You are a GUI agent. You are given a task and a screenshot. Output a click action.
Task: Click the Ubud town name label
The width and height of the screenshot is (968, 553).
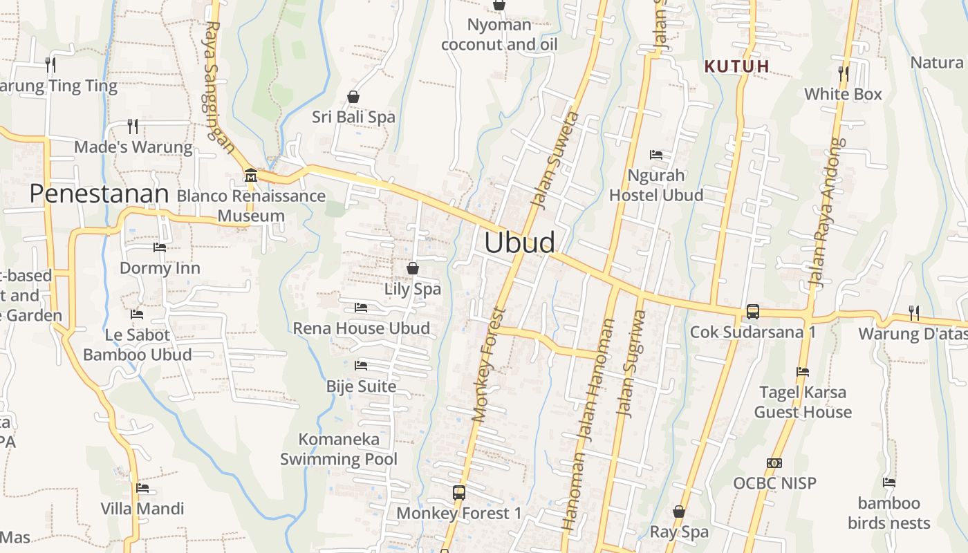point(519,243)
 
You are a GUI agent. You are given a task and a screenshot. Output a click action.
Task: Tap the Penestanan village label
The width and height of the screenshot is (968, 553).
point(99,194)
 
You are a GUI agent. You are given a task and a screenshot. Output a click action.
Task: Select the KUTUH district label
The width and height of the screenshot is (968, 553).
point(737,66)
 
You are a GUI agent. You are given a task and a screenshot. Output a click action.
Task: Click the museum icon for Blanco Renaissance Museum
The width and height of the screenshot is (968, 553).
point(250,176)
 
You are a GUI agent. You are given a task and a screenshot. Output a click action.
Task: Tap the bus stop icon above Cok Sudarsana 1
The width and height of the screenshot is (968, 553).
point(753,312)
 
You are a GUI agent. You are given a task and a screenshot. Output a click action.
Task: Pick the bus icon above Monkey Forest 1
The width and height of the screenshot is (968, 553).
point(459,493)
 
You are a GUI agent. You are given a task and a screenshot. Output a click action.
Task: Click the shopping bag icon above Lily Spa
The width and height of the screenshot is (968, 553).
point(413,268)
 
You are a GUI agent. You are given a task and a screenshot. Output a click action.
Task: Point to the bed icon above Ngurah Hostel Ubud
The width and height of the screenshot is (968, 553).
point(656,155)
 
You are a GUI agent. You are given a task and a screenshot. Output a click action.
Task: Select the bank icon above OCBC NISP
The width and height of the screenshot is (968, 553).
point(774,463)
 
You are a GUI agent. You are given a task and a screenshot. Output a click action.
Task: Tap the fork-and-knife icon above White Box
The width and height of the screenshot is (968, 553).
point(844,73)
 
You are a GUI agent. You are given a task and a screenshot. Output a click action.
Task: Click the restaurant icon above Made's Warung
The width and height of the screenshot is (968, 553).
point(133,126)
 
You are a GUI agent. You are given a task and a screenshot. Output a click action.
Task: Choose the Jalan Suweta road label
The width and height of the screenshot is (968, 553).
point(555,159)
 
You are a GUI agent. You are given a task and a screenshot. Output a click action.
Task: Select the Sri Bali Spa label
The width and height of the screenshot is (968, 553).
point(353,117)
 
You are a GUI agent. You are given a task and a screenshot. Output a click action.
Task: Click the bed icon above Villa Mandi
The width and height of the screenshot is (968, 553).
point(142,488)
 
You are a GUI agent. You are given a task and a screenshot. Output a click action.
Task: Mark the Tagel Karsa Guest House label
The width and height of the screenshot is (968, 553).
point(803,402)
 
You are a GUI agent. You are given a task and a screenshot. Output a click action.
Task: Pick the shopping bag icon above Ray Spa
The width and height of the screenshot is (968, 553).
point(679,512)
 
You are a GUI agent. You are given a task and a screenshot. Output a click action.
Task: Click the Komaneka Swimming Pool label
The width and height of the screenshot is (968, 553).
point(339,449)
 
